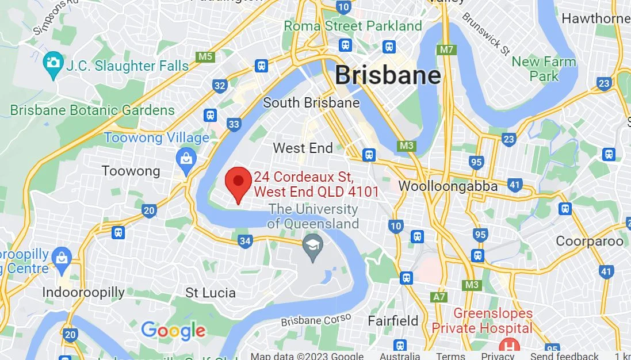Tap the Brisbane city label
388,75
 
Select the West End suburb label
303,148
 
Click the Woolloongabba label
448,186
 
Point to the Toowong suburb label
131,171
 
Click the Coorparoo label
590,241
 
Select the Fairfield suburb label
393,320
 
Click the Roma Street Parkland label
353,26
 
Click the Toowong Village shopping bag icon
186,160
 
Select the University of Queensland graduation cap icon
313,247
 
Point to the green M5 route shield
205,56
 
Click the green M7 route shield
447,49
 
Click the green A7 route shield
439,297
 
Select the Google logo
173,331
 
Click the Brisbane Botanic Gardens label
93,110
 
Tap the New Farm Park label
544,68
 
